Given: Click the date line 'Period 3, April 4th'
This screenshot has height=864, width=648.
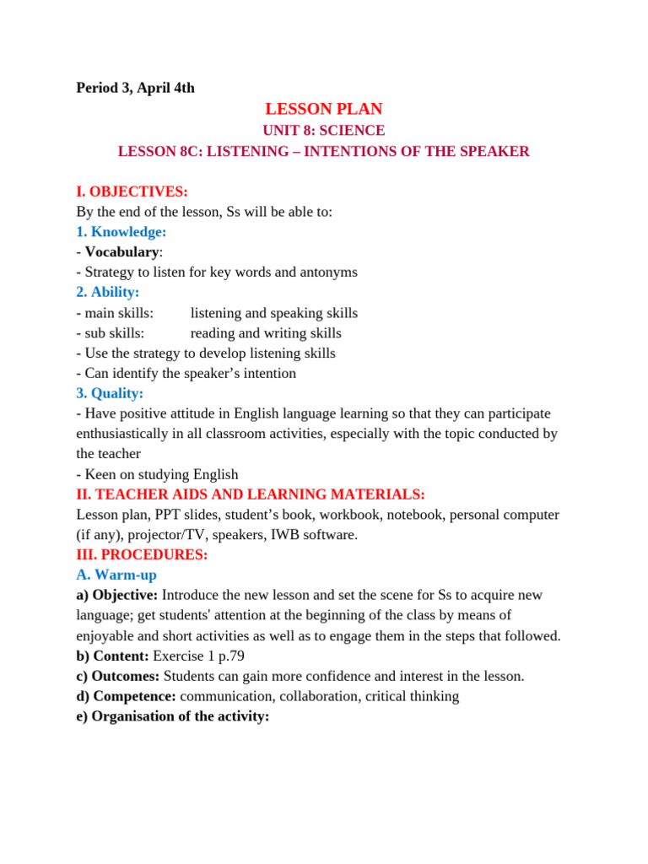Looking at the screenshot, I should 135,88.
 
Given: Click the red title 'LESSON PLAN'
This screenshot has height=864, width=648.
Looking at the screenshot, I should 323,109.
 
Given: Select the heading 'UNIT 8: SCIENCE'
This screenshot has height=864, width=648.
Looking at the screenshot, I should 323,131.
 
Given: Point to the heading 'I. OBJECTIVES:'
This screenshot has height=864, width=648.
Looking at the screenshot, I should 132,192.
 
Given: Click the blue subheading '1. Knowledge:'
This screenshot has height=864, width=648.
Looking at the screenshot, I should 121,232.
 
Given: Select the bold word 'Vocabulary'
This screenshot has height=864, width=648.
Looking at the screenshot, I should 121,252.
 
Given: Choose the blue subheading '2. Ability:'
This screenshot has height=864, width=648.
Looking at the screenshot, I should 108,293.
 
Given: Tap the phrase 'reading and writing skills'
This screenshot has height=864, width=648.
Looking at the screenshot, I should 266,333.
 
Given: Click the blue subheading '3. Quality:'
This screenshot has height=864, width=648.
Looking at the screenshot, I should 110,393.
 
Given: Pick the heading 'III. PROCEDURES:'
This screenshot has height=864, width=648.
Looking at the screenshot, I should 142,555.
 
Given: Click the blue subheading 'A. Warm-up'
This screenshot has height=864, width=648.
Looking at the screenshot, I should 116,575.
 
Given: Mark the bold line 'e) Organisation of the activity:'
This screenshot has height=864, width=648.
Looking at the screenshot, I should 172,717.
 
